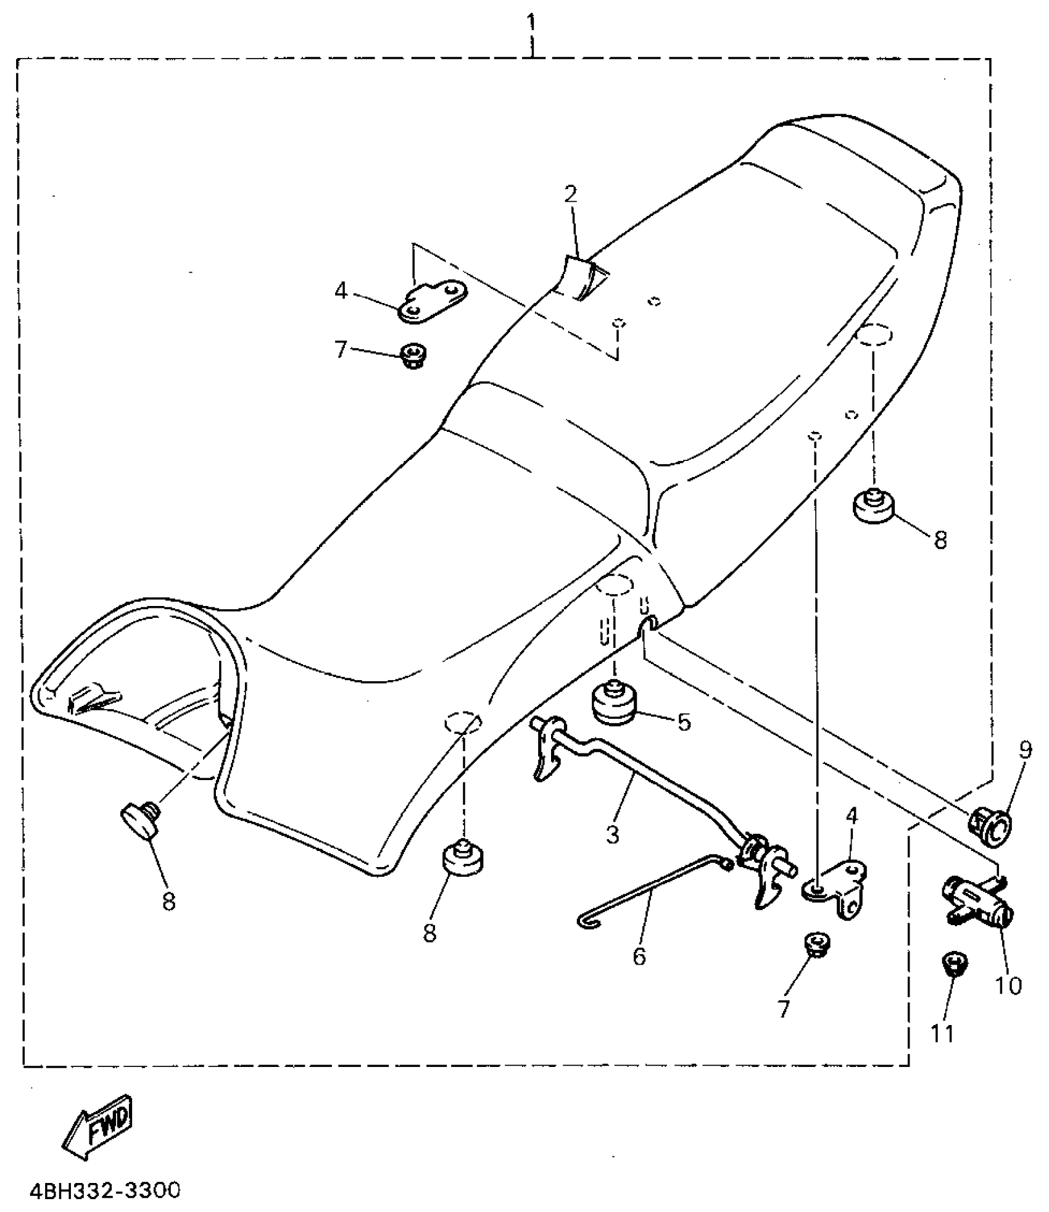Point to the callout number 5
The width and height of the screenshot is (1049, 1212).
(684, 722)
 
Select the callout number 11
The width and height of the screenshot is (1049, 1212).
(942, 1033)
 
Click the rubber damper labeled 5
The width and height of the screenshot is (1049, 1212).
(615, 702)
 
